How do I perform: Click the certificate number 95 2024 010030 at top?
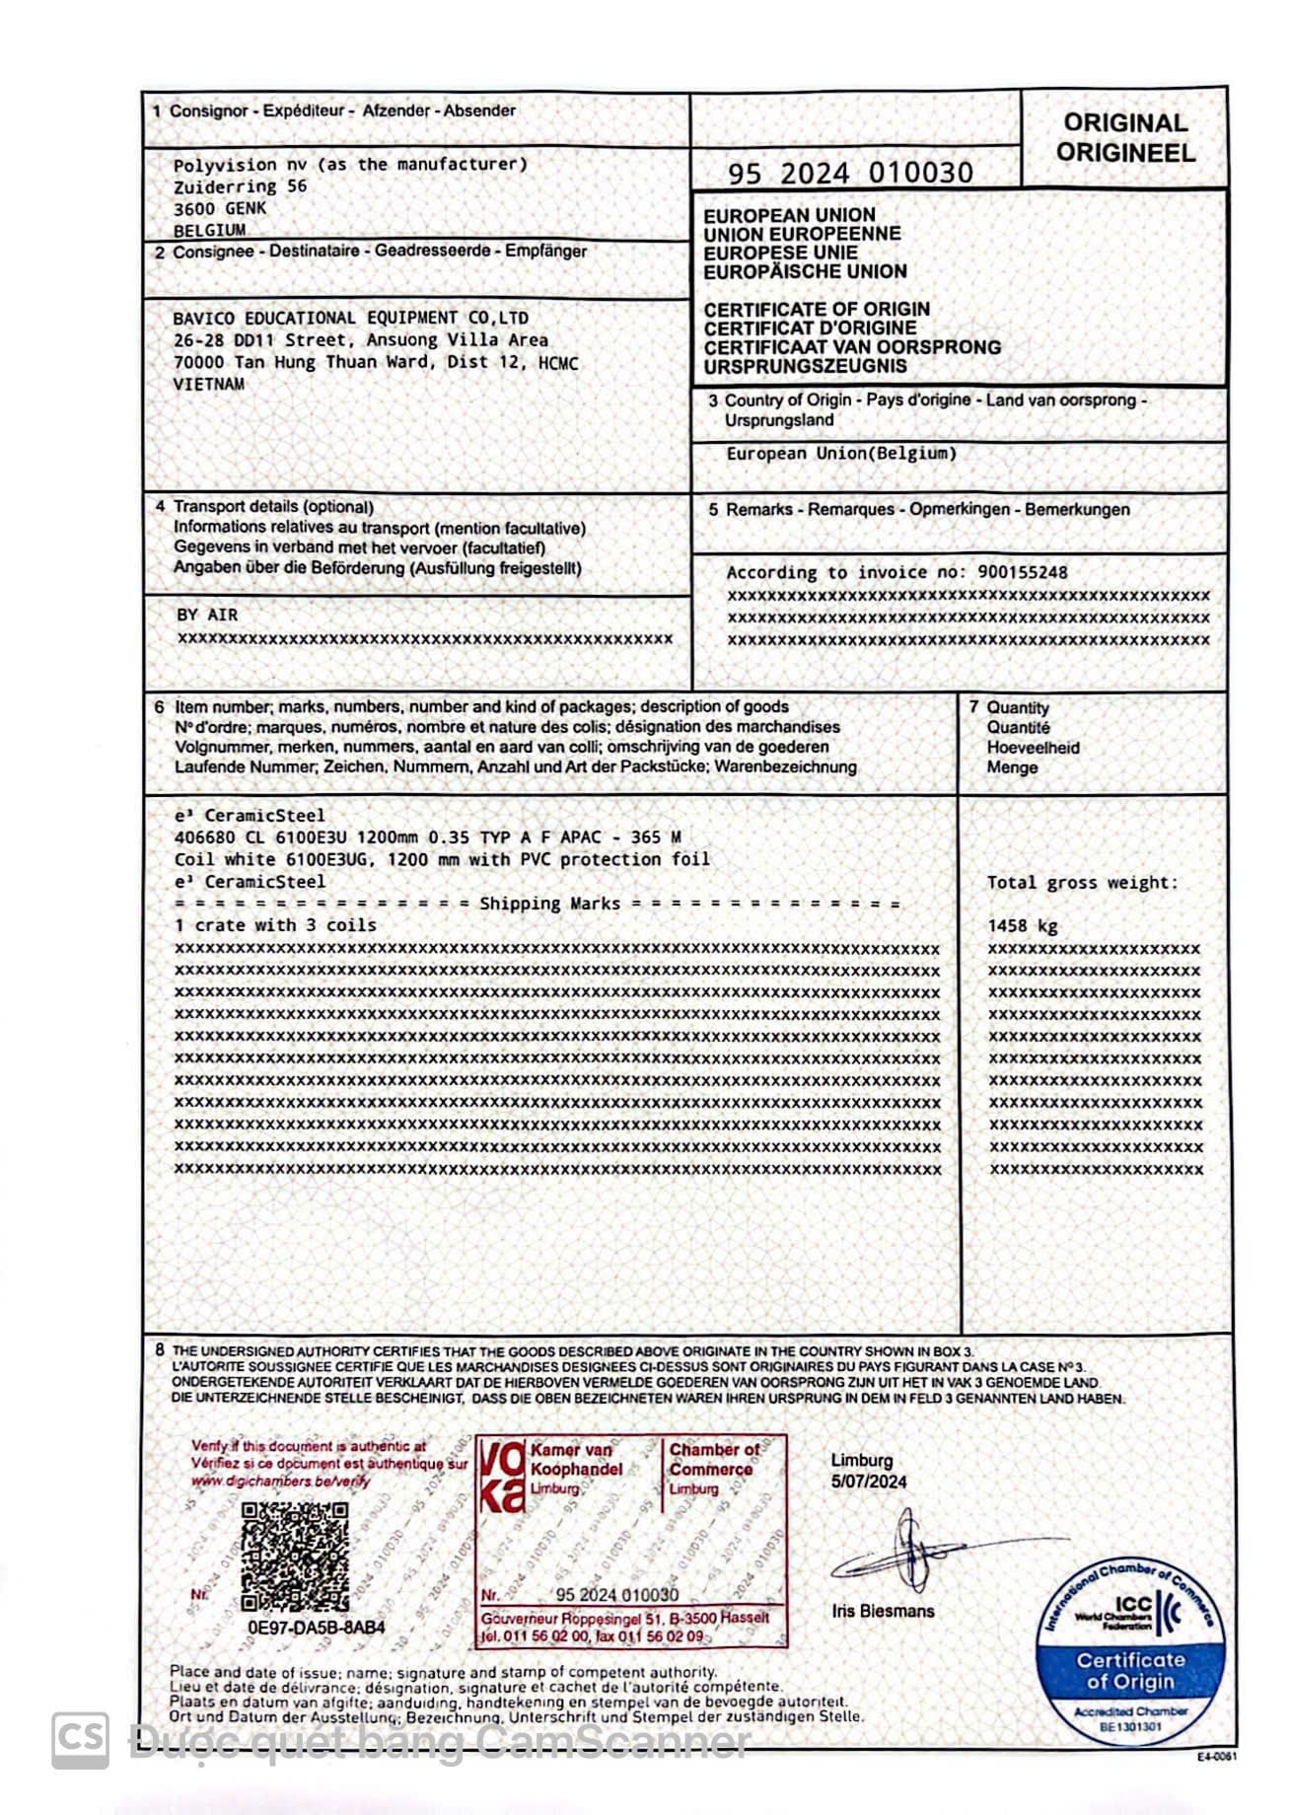[x=850, y=174]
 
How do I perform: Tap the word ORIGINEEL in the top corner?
[x=1125, y=153]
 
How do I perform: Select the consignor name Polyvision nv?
[x=230, y=165]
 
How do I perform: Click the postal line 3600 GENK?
[x=219, y=208]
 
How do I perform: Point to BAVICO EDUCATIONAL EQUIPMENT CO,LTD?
[x=350, y=318]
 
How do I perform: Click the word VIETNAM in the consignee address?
[x=208, y=384]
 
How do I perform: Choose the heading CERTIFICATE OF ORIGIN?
[x=817, y=309]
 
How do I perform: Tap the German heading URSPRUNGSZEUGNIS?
[x=805, y=366]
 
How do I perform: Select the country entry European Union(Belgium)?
[x=841, y=454]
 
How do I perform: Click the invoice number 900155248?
[x=1022, y=572]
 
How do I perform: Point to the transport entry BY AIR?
[x=207, y=615]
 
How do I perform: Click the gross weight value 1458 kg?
[x=1022, y=925]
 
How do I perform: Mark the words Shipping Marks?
[x=549, y=904]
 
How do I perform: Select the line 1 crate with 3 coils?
[x=275, y=925]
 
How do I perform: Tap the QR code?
[x=295, y=1557]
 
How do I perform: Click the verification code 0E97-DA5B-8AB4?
[x=316, y=1627]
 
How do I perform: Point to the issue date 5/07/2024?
[x=869, y=1482]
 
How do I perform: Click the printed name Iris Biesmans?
[x=882, y=1611]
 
